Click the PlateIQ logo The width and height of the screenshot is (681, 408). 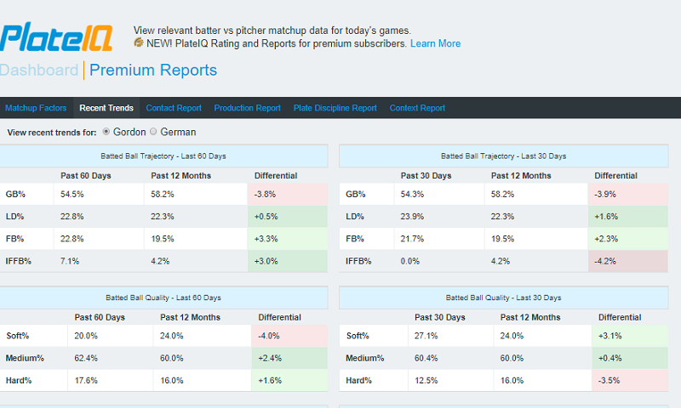[x=58, y=38]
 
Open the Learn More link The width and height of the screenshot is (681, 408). [x=435, y=43]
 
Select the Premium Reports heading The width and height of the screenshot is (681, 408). [x=153, y=71]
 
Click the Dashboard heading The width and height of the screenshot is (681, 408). [x=39, y=71]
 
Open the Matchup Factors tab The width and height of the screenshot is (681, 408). [x=35, y=108]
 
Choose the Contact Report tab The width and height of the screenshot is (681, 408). [x=174, y=108]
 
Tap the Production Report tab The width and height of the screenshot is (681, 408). [x=247, y=108]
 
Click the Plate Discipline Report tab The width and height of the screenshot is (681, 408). [x=335, y=108]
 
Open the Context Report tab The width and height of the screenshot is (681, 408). [x=417, y=108]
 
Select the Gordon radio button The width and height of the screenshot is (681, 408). [x=106, y=132]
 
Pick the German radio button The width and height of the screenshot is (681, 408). [x=154, y=132]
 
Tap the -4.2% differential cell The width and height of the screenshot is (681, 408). [x=627, y=260]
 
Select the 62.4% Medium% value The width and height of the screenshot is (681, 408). [x=85, y=358]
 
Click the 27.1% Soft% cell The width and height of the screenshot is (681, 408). [x=426, y=336]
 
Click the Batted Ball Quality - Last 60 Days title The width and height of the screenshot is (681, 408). [x=163, y=297]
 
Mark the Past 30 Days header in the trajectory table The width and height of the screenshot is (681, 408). [x=426, y=176]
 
